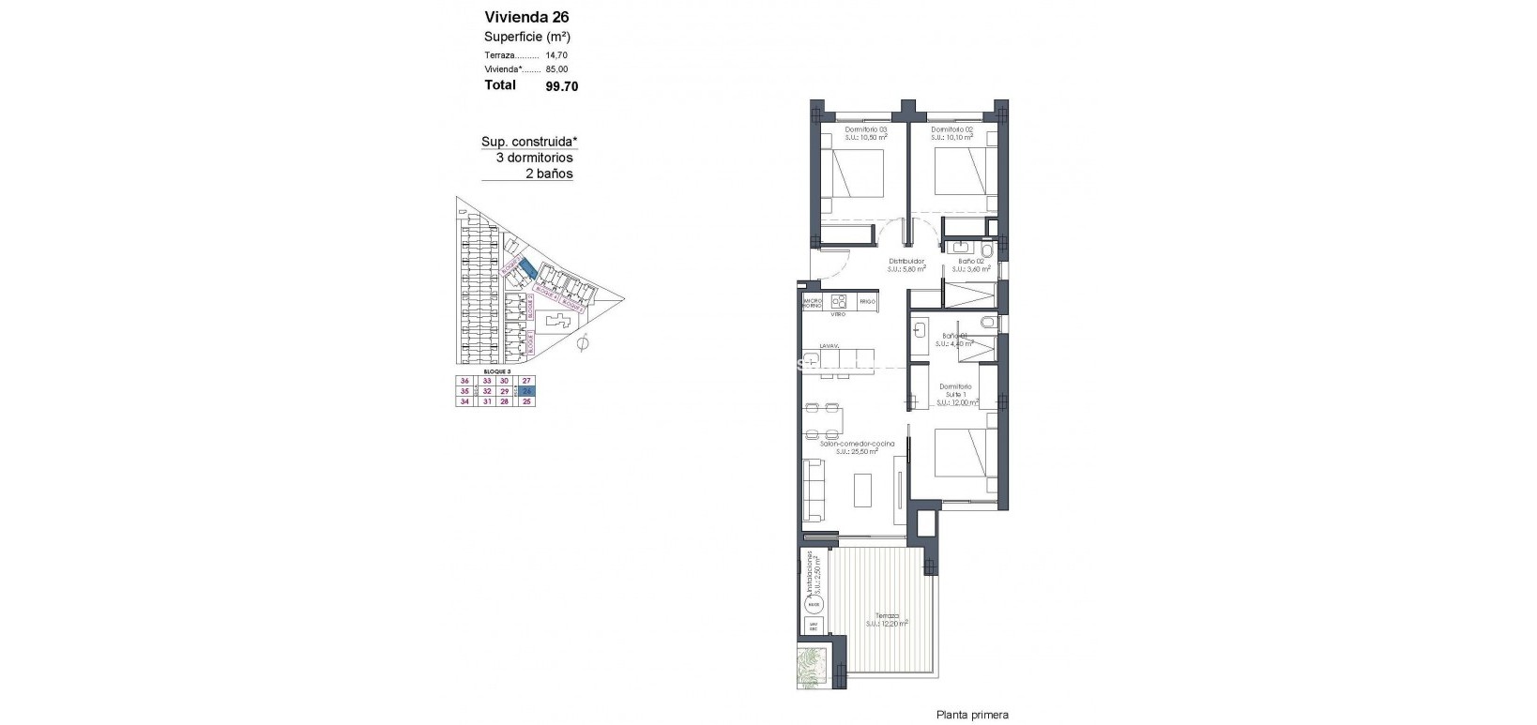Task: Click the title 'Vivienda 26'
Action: pos(526,17)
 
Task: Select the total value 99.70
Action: pos(562,86)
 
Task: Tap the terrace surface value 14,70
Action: pos(556,55)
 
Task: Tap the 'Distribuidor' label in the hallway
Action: pos(906,262)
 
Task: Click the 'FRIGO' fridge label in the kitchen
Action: pos(867,303)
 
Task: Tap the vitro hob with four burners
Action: pos(839,302)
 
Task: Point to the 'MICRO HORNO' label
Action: pos(812,303)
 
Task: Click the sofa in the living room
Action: pos(813,491)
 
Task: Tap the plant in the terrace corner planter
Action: pos(811,669)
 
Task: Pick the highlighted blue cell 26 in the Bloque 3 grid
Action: pos(527,391)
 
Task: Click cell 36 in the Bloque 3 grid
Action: pos(464,381)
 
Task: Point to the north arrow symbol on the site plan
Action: pos(582,344)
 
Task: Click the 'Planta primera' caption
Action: pos(971,715)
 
